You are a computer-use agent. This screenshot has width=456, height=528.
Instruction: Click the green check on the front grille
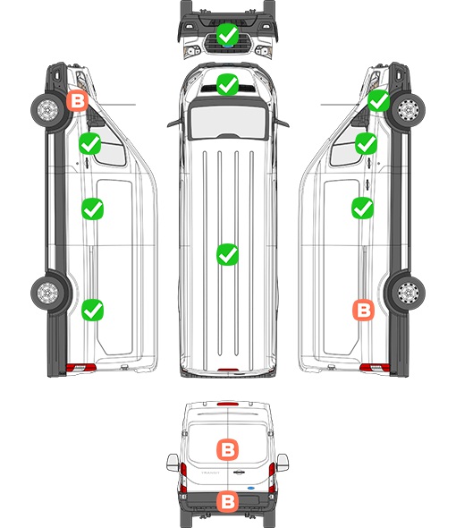point(227,34)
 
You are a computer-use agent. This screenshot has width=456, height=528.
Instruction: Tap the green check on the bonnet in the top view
point(227,84)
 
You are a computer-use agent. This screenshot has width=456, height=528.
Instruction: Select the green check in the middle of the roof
point(227,254)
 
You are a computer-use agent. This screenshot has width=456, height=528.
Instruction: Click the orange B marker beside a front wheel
point(77,100)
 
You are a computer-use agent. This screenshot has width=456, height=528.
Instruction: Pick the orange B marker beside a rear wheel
point(363,310)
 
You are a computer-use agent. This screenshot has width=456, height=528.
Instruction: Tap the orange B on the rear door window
point(227,449)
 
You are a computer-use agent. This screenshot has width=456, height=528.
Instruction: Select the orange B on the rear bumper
point(227,501)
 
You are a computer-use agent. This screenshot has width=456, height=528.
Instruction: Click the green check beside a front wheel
point(378,100)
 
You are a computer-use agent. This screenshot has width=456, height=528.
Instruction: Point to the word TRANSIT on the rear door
point(210,473)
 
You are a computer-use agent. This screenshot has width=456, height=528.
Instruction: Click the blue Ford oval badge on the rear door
point(250,488)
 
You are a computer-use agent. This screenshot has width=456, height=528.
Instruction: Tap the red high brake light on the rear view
point(228,404)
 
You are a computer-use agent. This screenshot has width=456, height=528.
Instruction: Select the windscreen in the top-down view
point(228,121)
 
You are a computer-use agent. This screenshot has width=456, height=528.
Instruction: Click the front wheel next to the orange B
point(47,110)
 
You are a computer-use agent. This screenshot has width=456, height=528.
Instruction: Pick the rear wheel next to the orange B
point(408,293)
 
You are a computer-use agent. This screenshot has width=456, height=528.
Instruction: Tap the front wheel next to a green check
point(409,110)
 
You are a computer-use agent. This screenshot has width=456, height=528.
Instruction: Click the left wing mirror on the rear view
point(173,463)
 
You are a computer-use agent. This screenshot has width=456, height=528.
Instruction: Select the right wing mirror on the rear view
point(283,463)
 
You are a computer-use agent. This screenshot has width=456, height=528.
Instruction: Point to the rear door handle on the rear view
point(239,473)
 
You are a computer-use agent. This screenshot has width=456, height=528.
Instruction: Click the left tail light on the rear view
point(183,477)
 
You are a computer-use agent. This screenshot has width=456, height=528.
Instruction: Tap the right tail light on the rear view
point(272,477)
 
